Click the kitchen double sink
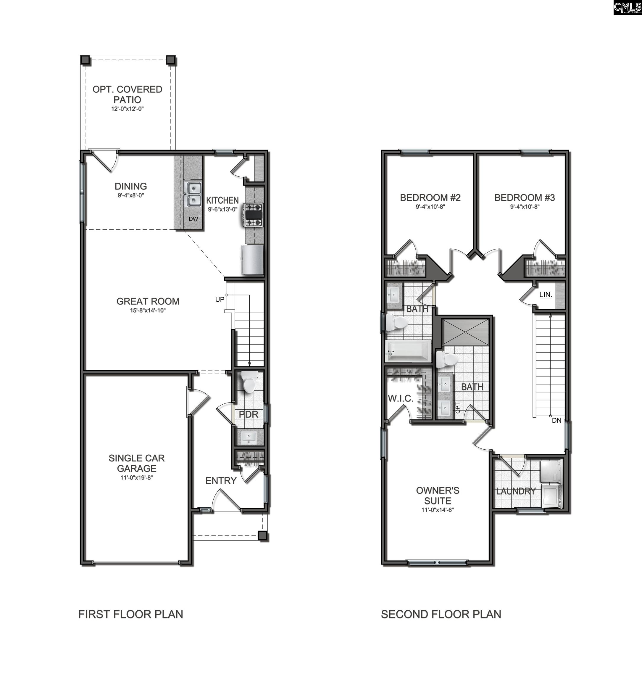(193, 194)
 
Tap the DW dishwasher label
(193, 218)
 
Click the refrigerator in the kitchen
(252, 260)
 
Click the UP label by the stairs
(220, 300)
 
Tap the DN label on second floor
(556, 420)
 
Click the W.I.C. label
(400, 398)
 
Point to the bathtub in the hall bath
(408, 351)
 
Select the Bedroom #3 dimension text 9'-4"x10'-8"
(525, 207)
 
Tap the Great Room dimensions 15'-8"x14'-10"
(148, 311)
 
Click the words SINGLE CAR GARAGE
(136, 463)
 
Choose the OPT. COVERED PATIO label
(127, 94)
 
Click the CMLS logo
(627, 7)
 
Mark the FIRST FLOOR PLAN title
(131, 614)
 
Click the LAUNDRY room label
(515, 491)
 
